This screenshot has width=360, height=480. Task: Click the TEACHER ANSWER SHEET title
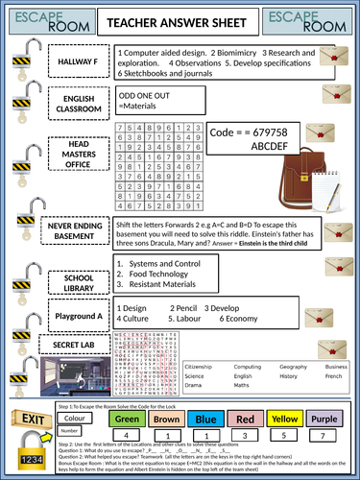(180, 18)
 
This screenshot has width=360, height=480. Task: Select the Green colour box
(127, 419)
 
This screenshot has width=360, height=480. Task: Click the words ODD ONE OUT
(145, 96)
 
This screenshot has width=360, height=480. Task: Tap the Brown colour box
(165, 419)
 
